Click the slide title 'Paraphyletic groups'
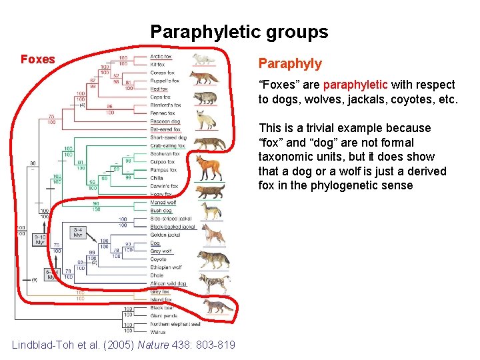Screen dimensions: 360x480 click(239, 32)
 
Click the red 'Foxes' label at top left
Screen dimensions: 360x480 click(38, 59)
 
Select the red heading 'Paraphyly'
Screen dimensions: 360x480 click(290, 64)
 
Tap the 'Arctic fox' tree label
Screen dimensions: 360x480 click(162, 57)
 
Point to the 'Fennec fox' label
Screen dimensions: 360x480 click(163, 113)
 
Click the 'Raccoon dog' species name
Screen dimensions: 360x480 click(165, 121)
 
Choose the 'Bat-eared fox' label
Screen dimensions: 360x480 click(164, 129)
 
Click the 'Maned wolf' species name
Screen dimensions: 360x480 click(163, 203)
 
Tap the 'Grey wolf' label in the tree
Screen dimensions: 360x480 click(161, 251)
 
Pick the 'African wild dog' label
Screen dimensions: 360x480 click(168, 283)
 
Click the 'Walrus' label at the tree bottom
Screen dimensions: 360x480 click(159, 331)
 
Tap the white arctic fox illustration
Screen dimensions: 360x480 click(204, 59)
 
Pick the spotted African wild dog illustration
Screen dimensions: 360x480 click(214, 283)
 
